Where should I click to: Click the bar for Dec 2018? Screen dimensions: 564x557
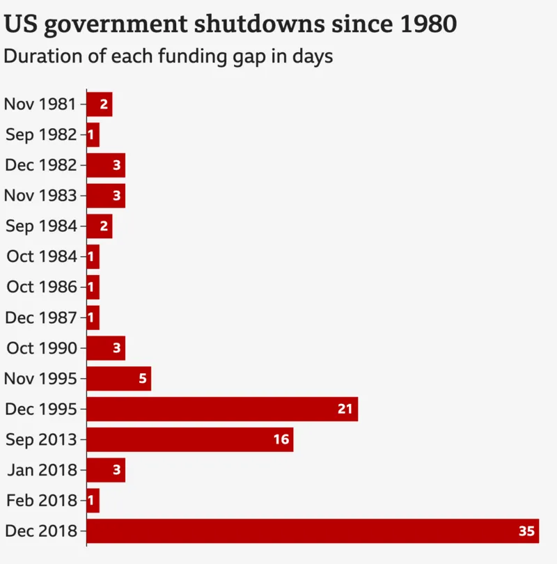tap(313, 531)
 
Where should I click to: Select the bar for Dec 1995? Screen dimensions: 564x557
tap(222, 409)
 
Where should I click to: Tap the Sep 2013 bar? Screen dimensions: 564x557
tap(190, 439)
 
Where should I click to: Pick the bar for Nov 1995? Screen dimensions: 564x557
tap(118, 379)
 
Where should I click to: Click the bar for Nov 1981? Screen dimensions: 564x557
tap(99, 104)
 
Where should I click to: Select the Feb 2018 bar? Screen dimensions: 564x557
tap(93, 501)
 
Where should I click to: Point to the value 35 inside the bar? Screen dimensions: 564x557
tap(526, 531)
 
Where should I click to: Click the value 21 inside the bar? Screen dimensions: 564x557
tap(345, 409)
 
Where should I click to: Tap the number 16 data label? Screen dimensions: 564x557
tap(281, 439)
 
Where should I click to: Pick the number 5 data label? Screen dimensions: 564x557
tap(143, 379)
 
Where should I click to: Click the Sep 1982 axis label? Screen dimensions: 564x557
tap(40, 135)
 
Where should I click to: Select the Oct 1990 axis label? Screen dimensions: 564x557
tap(41, 348)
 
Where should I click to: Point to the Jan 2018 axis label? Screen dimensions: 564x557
tap(42, 470)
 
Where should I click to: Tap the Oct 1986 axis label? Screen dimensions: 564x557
tap(41, 287)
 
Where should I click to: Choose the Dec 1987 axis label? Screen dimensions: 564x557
tap(40, 318)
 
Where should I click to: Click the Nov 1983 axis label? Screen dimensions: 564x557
tap(40, 196)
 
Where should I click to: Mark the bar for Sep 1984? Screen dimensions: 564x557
tap(99, 226)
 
